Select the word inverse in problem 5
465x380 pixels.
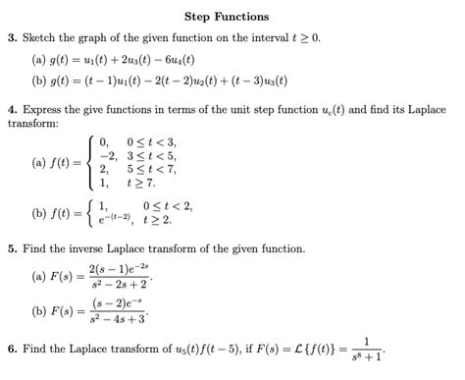(x=91, y=249)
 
